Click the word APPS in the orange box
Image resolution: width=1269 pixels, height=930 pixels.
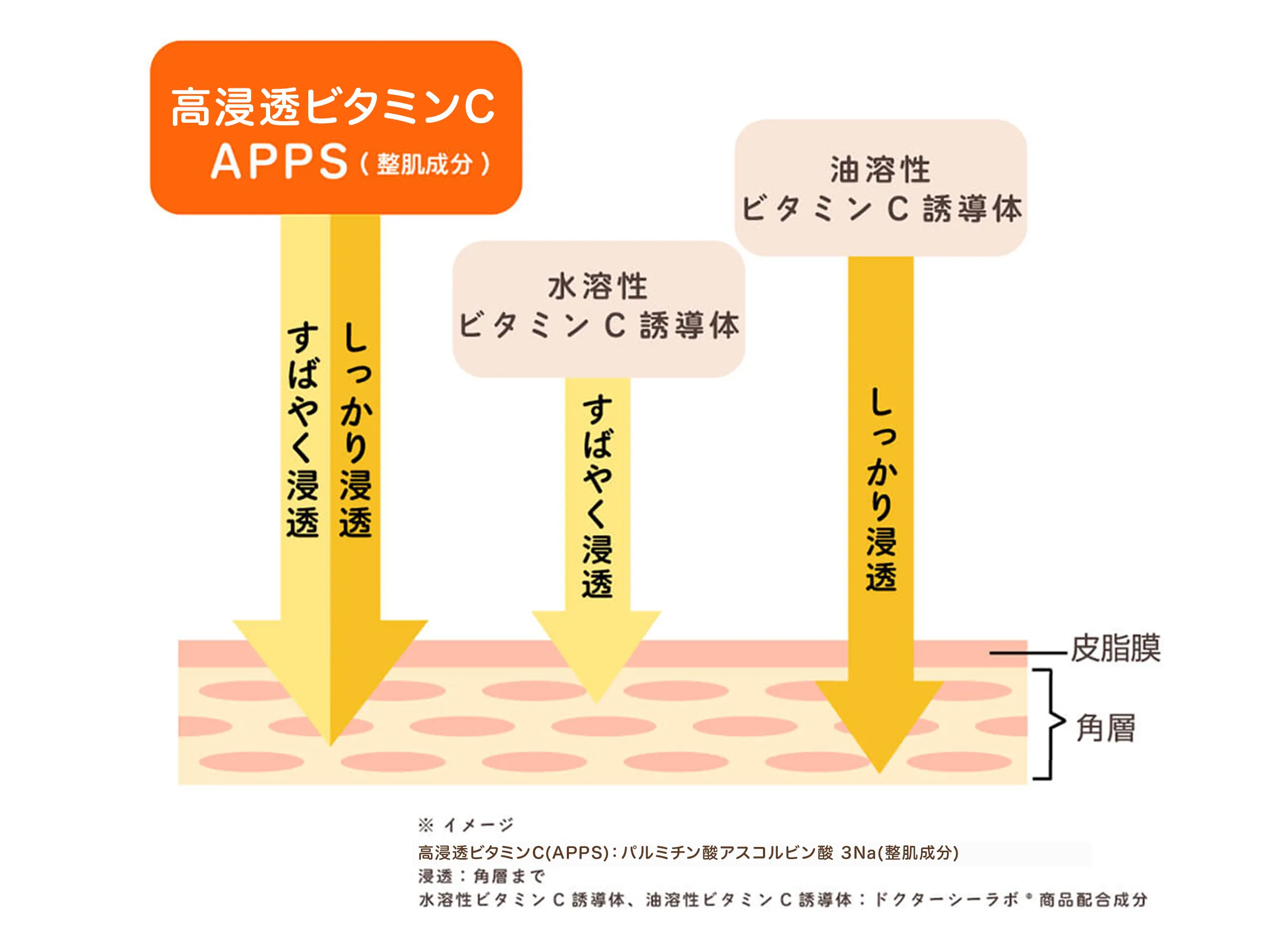(x=279, y=161)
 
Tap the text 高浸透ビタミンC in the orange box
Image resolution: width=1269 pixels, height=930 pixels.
(x=332, y=107)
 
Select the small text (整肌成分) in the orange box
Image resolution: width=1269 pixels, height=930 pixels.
(x=425, y=165)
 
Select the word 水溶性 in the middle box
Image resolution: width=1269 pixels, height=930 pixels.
(x=597, y=287)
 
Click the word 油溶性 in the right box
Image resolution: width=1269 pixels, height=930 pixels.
(x=880, y=169)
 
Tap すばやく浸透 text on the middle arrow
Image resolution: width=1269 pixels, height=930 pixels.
(x=597, y=495)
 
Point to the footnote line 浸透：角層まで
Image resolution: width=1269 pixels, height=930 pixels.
(x=481, y=876)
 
